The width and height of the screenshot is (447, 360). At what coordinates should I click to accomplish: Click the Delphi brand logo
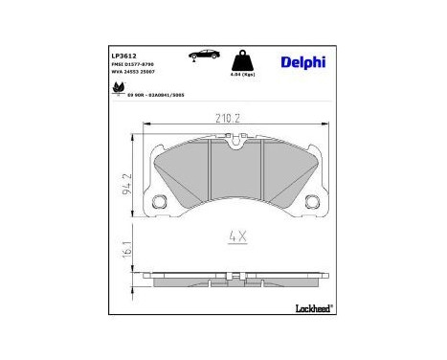coord(302,63)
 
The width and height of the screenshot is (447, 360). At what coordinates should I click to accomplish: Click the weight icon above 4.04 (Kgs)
coord(244,57)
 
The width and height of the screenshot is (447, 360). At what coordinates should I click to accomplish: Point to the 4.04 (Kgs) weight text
coord(243,74)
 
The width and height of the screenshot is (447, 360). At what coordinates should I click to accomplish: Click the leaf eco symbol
coord(119,89)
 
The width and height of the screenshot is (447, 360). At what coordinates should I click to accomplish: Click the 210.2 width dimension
coord(226,119)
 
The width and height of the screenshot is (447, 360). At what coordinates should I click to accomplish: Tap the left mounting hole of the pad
coord(161,201)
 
